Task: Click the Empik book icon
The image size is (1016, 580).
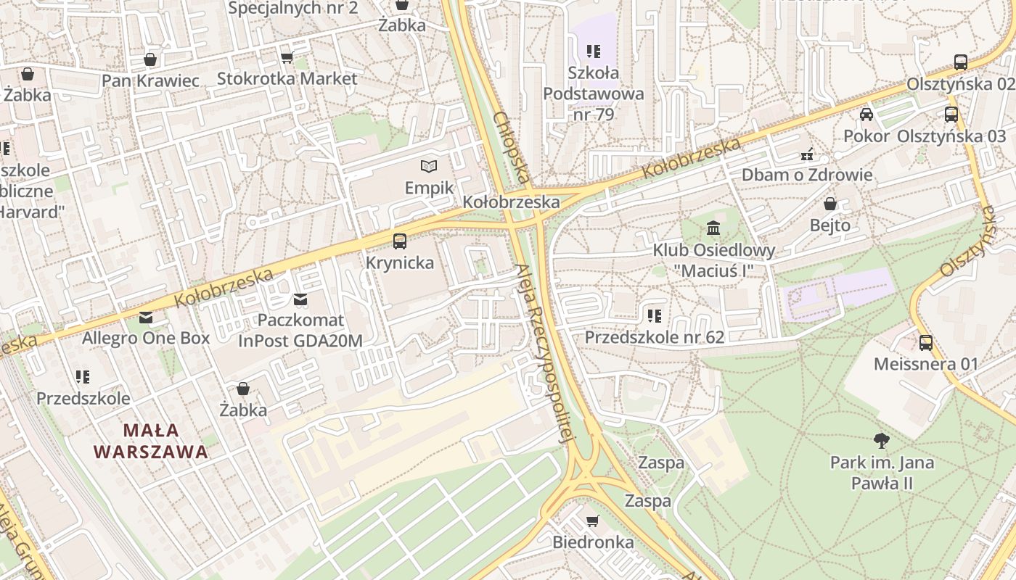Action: [x=429, y=167]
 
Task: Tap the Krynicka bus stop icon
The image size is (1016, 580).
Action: [x=400, y=241]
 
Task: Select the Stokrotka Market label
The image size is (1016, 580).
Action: [x=287, y=78]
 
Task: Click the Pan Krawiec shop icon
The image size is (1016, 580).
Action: [x=150, y=59]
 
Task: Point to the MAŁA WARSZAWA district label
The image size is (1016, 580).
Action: [x=151, y=441]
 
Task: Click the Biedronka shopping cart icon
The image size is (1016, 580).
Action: [x=593, y=521]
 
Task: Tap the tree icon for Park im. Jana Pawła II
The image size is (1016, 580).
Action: [x=882, y=440]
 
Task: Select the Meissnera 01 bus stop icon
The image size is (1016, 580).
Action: [x=925, y=342]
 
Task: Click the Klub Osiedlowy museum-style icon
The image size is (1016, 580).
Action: [x=713, y=229]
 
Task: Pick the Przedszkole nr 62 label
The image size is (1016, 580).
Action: [x=655, y=337]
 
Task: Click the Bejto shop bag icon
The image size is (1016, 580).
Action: [x=830, y=204]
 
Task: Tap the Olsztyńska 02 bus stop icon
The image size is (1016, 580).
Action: [x=961, y=62]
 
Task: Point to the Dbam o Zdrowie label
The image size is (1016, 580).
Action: [x=806, y=175]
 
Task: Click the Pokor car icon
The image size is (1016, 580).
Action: [x=866, y=115]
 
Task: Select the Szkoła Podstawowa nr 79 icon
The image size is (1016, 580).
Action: [x=594, y=51]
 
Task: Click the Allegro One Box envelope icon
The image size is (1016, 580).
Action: [x=146, y=317]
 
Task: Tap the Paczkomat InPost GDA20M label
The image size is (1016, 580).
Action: [x=300, y=330]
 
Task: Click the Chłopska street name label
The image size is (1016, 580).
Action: [x=512, y=147]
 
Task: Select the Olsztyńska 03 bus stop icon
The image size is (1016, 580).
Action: [x=951, y=115]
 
